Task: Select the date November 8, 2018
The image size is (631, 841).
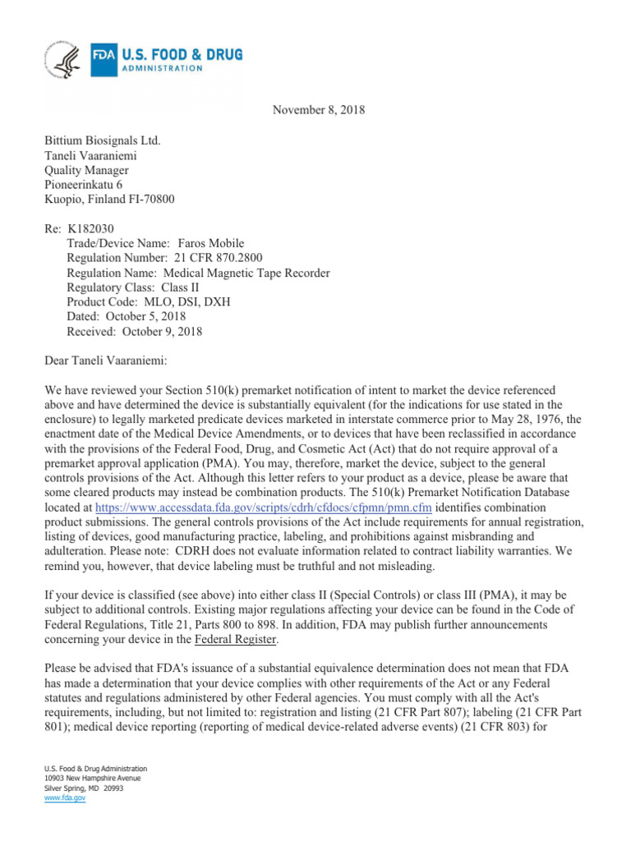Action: click(x=319, y=110)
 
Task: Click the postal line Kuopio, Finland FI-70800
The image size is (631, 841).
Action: click(x=108, y=200)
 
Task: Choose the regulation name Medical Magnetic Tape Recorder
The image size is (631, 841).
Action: click(x=247, y=273)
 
